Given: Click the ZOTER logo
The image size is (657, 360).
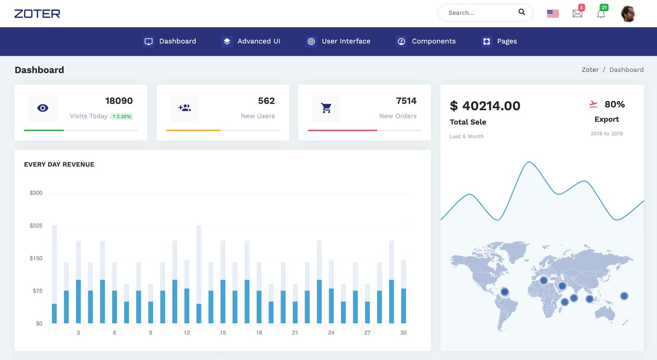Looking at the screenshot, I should pos(37,14).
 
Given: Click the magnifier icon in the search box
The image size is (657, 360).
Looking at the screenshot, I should pos(521,12).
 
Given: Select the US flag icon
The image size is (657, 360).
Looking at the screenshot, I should pos(553,14).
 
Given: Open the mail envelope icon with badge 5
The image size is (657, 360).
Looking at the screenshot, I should pos(577,14).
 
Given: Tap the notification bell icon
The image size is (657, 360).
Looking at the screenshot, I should pos(601,14).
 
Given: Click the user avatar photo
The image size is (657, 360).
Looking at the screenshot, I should pos(628,14).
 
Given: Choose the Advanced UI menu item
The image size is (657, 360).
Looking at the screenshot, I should pos(251,41).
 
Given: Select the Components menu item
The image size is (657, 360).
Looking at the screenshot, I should pos(426,41).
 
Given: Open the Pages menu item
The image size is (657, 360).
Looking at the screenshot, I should pos(499,41).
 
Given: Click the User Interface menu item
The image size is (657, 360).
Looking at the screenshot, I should pos(338,41).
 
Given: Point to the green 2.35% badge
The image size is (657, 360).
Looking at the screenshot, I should pos(122,116).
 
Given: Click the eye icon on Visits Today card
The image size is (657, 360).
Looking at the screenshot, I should pos(43,108).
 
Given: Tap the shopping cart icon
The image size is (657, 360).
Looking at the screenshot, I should pos(326,108).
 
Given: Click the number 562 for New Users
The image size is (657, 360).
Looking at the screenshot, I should pos(266,101).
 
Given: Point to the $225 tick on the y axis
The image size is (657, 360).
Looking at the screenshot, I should pos(36,226).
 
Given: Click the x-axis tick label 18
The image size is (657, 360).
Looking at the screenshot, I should pos(259,333).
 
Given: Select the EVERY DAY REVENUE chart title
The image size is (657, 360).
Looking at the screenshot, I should pos(59,164).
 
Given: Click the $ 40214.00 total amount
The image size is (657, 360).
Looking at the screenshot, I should pos(485,106).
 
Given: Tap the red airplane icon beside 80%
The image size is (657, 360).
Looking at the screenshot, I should pos(593,104).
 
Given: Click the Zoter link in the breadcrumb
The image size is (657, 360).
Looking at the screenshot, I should pos(590,70).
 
